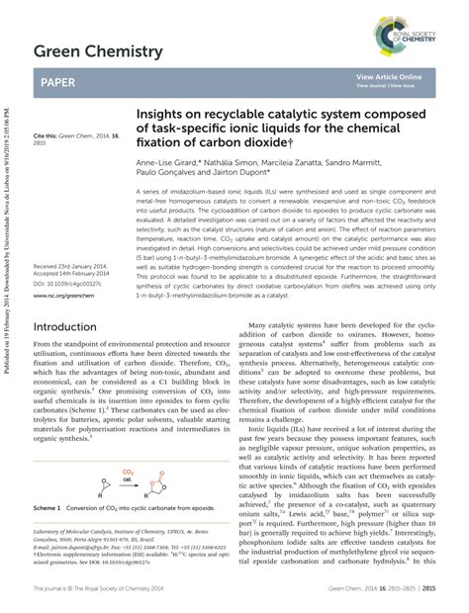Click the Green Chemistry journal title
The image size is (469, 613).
pos(98,50)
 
